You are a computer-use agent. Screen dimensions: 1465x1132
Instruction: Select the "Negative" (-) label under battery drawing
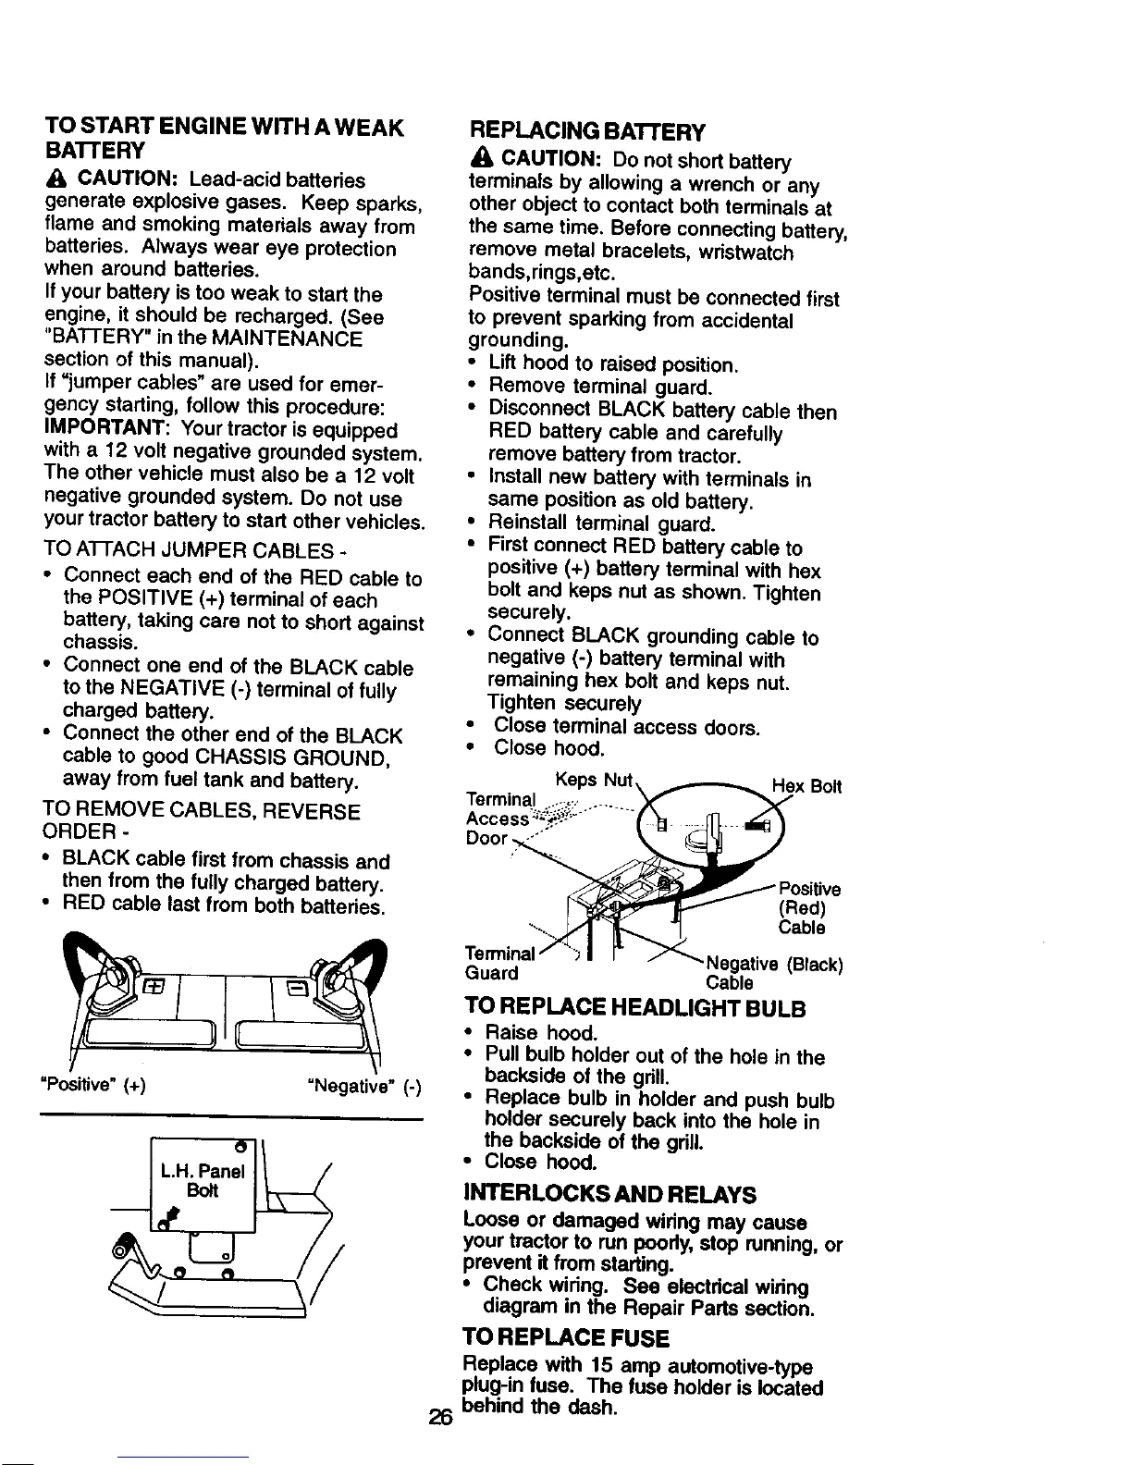pyautogui.click(x=364, y=1086)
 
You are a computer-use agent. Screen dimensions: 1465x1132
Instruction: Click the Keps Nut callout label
pyautogui.click(x=593, y=780)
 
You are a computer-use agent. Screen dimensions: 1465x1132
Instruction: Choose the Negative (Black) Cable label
pyautogui.click(x=772, y=973)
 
